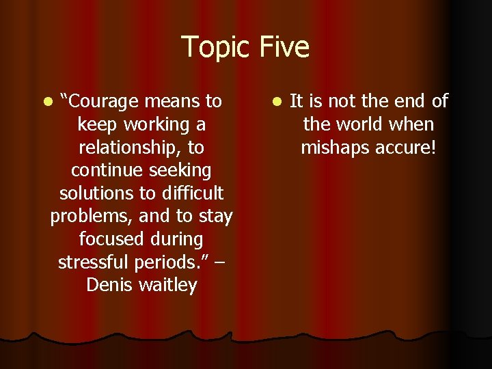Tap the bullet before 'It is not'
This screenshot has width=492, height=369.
276,102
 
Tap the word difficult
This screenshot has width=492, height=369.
191,193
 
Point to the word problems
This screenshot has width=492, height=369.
92,217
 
